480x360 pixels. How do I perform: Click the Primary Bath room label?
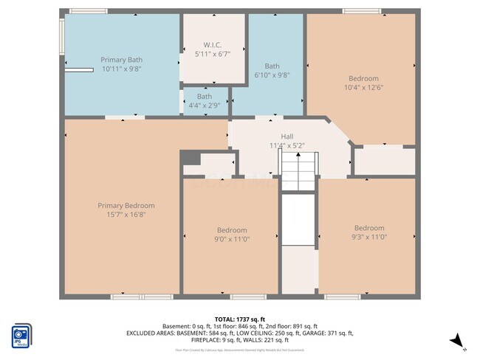(x=122, y=60)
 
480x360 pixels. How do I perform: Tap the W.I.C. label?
(x=213, y=44)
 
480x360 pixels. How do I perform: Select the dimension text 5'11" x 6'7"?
(x=213, y=53)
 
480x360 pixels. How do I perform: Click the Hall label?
(x=287, y=136)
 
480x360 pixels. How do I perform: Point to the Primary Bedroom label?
(x=126, y=206)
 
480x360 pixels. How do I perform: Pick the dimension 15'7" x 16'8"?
(x=126, y=215)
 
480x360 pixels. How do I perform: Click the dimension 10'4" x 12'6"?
(x=363, y=88)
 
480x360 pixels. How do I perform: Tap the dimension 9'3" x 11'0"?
(x=369, y=237)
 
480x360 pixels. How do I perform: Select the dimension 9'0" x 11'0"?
(x=232, y=239)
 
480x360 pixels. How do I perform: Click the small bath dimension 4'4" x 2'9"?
(x=204, y=105)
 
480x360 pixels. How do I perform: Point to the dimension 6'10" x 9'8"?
(x=272, y=75)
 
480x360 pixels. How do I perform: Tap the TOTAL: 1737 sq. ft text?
(x=240, y=319)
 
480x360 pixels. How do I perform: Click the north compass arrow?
(x=458, y=340)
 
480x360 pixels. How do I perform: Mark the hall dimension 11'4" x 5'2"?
(x=287, y=145)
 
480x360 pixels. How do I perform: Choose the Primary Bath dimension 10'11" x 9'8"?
(x=122, y=69)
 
